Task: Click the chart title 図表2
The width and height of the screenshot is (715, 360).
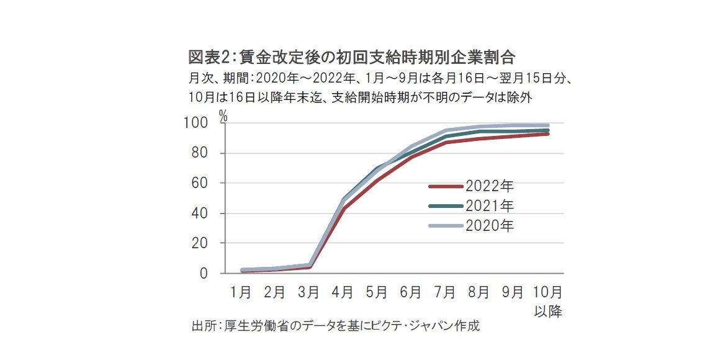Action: point(352,58)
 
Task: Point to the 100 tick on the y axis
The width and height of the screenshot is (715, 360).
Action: point(197,124)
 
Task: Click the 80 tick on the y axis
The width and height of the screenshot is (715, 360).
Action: point(201,153)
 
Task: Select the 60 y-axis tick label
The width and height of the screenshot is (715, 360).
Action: point(201,184)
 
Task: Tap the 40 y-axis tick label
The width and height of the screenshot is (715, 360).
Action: point(201,214)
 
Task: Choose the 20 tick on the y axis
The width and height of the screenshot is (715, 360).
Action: point(201,243)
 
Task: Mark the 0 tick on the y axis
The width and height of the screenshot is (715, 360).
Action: point(205,274)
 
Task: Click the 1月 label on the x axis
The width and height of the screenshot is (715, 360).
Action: point(241,292)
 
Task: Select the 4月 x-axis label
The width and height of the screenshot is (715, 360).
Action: point(343,292)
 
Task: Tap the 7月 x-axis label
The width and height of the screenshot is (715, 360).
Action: point(444,292)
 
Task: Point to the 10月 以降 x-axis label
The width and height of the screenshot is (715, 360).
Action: point(547,300)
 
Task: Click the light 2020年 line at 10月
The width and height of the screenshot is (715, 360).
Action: point(547,125)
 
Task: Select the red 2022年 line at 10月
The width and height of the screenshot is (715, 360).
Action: point(547,133)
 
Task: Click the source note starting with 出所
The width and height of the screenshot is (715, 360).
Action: point(335,325)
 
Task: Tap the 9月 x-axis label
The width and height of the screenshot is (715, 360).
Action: point(513,292)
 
